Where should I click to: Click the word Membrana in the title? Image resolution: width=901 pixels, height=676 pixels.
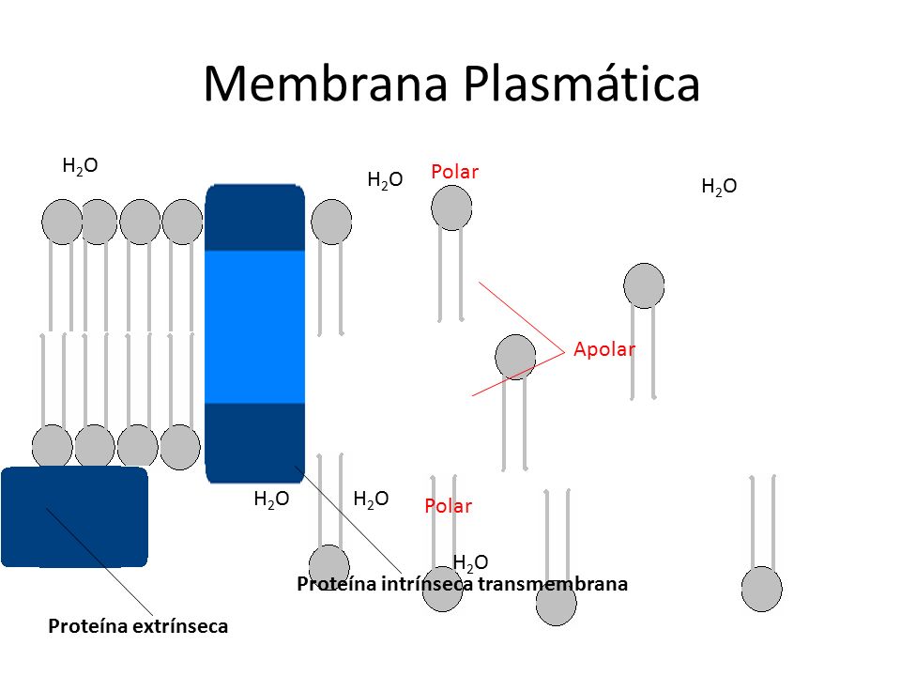tap(326, 84)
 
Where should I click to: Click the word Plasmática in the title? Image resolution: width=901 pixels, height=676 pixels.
tap(582, 84)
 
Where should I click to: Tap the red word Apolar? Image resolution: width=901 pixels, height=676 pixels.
tap(604, 349)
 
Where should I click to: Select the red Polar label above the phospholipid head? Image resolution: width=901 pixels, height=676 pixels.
tap(454, 171)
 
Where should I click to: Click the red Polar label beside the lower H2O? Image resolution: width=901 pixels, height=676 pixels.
tap(449, 506)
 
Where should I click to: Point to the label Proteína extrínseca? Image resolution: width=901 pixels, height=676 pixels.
tap(138, 626)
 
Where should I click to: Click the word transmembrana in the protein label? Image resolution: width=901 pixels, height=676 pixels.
tap(553, 584)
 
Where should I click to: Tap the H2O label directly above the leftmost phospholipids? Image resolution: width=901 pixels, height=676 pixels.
tap(80, 166)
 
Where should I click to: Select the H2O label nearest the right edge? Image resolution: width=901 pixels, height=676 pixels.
tap(719, 187)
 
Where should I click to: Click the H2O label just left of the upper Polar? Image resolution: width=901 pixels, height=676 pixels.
tap(385, 180)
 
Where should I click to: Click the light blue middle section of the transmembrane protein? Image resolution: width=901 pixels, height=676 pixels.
tap(254, 327)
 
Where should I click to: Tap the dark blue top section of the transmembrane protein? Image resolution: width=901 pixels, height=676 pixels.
tap(254, 217)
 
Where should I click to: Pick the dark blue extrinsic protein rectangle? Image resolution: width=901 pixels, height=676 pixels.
tap(75, 516)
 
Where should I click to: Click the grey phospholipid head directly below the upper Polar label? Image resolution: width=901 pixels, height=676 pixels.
tap(451, 207)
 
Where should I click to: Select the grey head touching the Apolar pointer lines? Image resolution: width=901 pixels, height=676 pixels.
tap(515, 357)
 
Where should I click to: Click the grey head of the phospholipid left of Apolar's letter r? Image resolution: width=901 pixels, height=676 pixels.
tap(644, 285)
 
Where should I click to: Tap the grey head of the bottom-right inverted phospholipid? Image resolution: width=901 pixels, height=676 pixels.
tap(761, 590)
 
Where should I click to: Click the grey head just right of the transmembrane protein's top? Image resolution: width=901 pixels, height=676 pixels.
tap(331, 222)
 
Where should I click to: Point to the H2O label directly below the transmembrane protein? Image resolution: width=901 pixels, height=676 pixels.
tap(271, 499)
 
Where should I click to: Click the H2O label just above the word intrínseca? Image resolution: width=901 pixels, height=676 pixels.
tap(470, 562)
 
